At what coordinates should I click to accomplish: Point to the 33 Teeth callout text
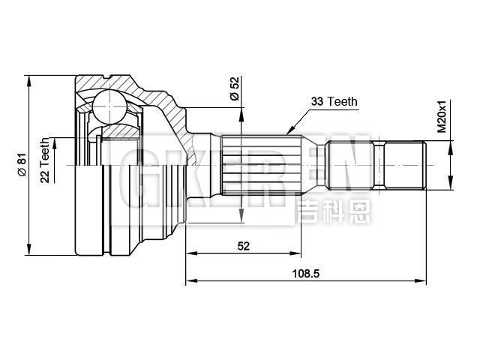(334, 101)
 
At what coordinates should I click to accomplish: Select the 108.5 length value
(305, 274)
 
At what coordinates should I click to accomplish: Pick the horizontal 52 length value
(244, 245)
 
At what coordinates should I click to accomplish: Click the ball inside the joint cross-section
(109, 106)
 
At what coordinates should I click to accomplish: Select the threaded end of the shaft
(405, 165)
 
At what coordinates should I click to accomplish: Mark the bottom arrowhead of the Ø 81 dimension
(29, 251)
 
